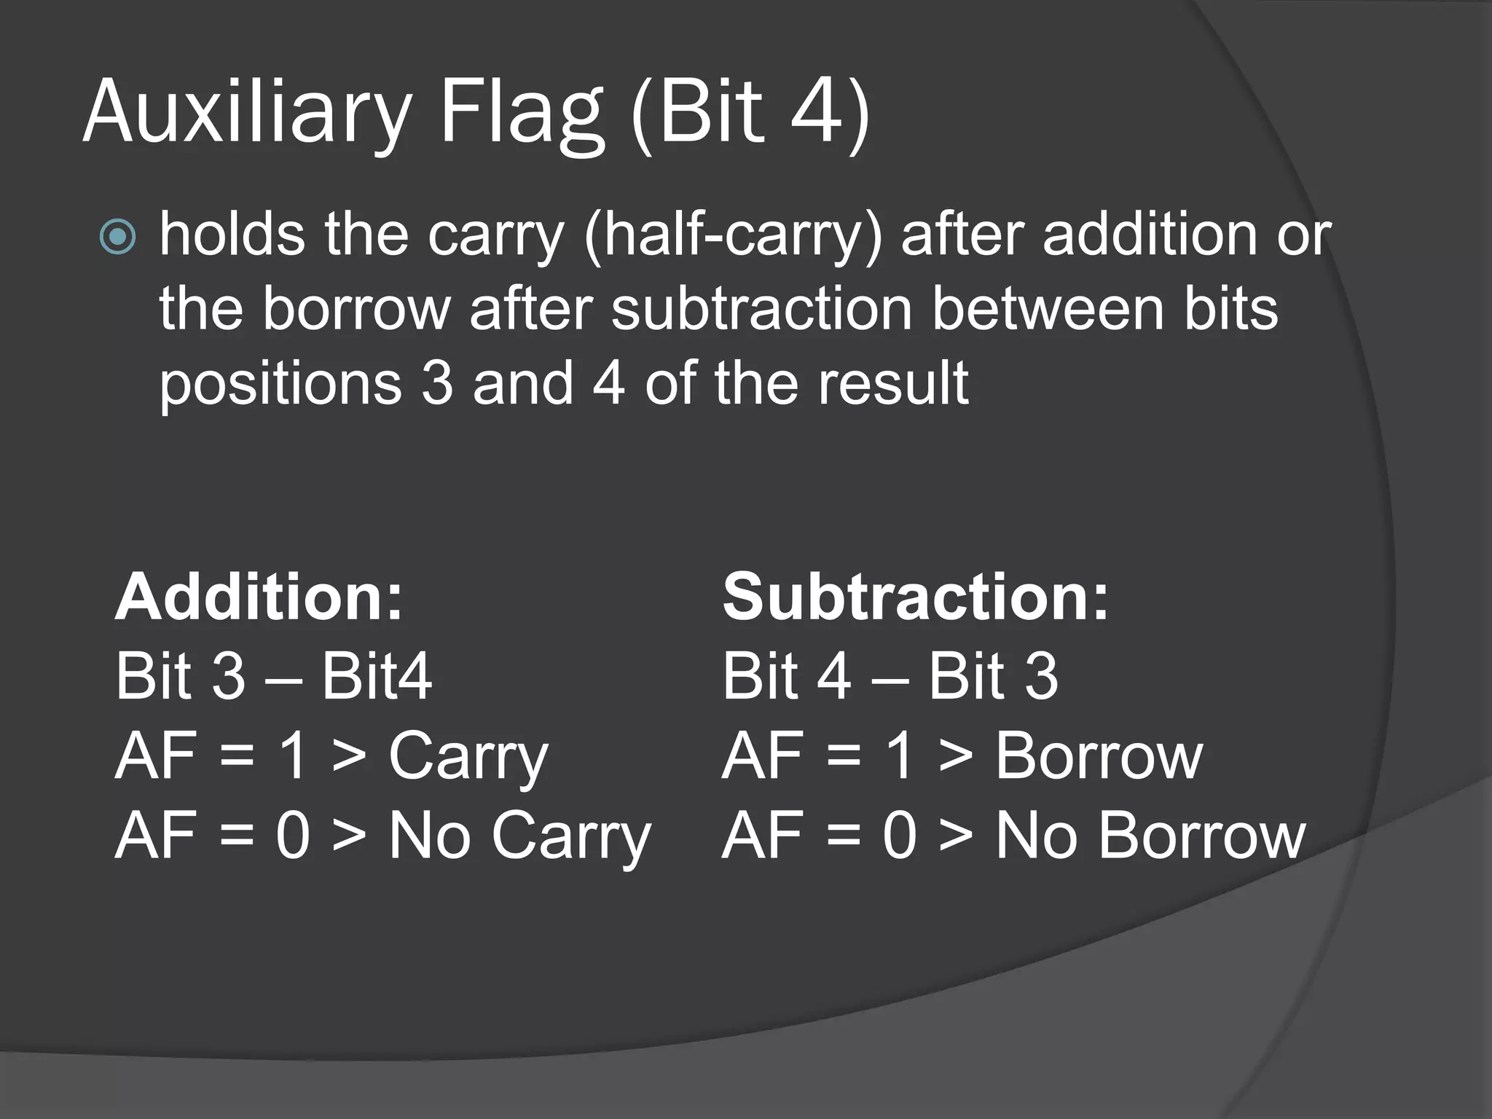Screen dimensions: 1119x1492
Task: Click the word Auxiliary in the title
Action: click(248, 113)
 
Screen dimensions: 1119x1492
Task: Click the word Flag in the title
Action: click(522, 113)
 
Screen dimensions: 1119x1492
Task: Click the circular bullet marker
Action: click(118, 237)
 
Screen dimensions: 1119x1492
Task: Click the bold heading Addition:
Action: click(259, 597)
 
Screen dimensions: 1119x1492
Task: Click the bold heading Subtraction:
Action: click(915, 597)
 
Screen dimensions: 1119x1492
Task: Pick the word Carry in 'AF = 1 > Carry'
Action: click(468, 758)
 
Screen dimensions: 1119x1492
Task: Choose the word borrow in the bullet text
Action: click(356, 309)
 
